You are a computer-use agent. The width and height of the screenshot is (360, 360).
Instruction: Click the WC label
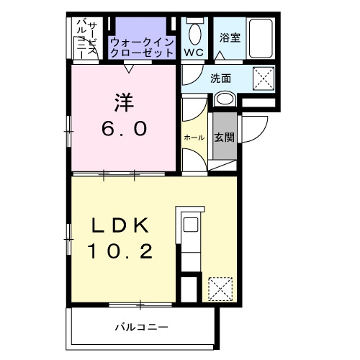[x=194, y=53]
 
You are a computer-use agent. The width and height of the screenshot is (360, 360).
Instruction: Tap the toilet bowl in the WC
[x=194, y=34]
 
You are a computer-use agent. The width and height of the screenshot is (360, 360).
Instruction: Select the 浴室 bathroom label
[x=230, y=37]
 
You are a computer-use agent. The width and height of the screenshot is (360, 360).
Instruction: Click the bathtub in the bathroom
[x=261, y=38]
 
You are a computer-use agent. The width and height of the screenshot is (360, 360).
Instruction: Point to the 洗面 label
[x=221, y=78]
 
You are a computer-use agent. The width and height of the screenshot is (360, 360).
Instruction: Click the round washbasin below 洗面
[x=225, y=99]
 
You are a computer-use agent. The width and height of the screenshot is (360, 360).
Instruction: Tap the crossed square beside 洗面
[x=264, y=78]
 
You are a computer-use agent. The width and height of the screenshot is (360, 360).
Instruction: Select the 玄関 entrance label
[x=224, y=138]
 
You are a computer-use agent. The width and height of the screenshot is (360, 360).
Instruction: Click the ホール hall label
[x=194, y=138]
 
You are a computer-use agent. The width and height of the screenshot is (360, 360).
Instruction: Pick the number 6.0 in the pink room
[x=124, y=128]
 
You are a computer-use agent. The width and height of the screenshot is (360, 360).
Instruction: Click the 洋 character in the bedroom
[x=124, y=102]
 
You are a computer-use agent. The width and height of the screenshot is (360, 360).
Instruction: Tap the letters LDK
[x=120, y=225]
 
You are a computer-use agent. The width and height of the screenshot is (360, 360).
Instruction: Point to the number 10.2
[x=120, y=251]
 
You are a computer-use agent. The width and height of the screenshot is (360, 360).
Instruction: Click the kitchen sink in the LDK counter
[x=191, y=225]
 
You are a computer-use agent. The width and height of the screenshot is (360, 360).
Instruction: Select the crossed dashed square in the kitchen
[x=220, y=289]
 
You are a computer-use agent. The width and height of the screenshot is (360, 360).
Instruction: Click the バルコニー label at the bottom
[x=142, y=327]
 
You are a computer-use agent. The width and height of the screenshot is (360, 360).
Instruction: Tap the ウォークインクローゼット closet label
[x=142, y=48]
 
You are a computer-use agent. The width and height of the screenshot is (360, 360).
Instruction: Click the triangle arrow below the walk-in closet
[x=129, y=68]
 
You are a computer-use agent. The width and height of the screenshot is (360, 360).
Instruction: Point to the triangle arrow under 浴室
[x=220, y=55]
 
